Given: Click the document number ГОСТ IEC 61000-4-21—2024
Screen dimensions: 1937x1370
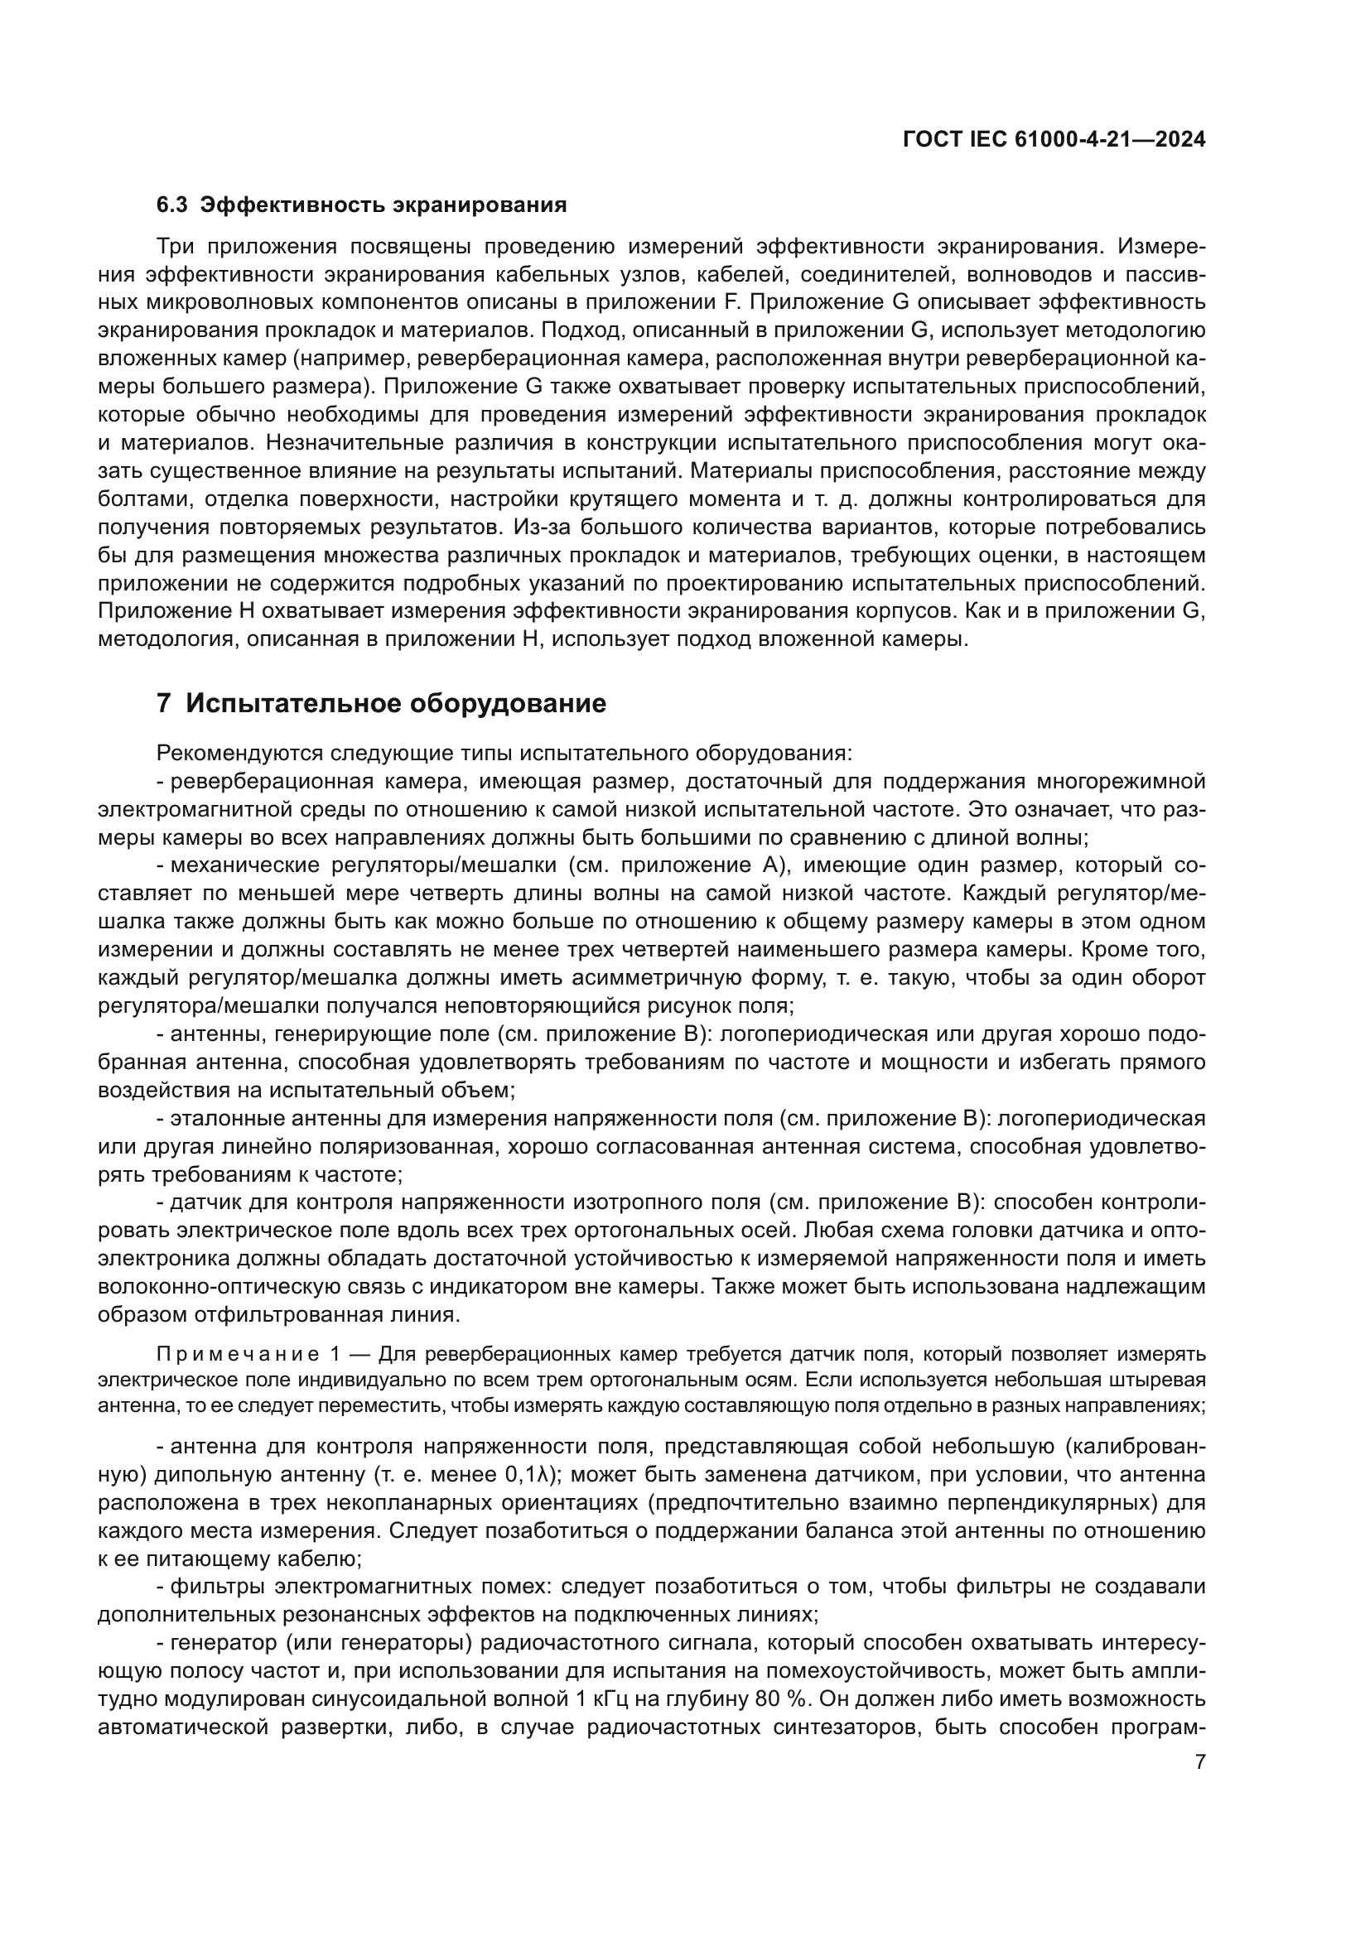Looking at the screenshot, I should (1054, 140).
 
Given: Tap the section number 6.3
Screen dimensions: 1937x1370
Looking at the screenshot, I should (173, 205).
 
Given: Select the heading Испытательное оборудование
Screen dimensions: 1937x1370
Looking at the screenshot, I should (396, 703).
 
